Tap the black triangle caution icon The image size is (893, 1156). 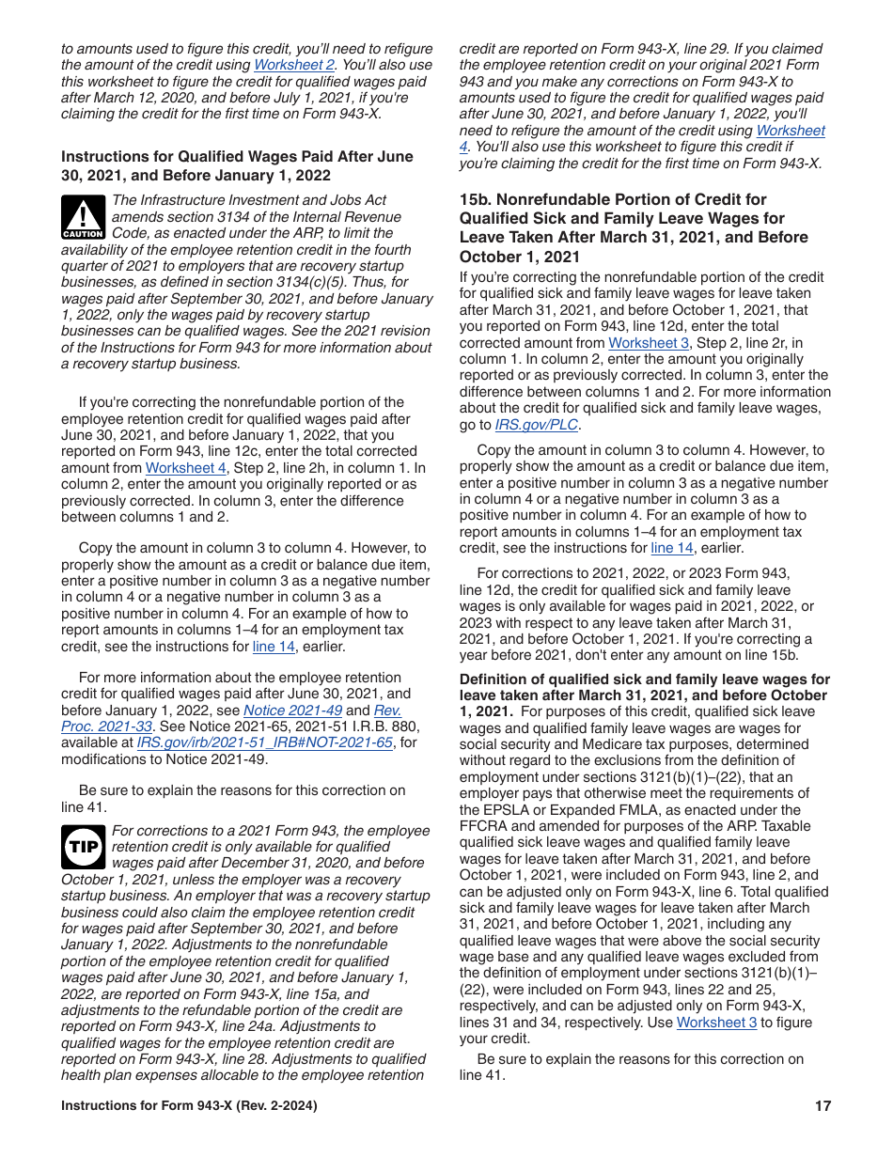pyautogui.click(x=83, y=217)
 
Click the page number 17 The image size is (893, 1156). pyautogui.click(x=822, y=1106)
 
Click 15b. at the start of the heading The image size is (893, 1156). pyautogui.click(x=475, y=200)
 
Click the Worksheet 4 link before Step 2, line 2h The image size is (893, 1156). pyautogui.click(x=185, y=468)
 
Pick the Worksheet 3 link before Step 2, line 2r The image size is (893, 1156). pyautogui.click(x=648, y=343)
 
